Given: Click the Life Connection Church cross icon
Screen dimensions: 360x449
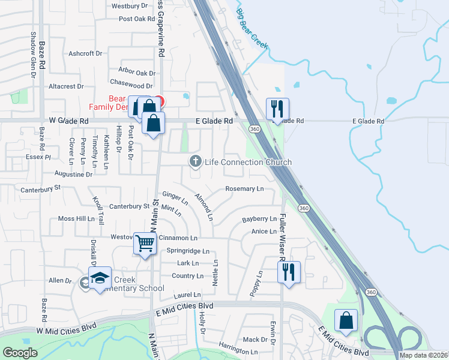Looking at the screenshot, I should click(x=195, y=161).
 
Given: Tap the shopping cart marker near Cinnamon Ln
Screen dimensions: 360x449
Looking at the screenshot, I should click(x=145, y=244).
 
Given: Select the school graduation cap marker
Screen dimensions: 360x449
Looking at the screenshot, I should click(x=100, y=278).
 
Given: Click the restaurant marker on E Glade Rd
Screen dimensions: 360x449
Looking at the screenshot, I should click(x=277, y=109).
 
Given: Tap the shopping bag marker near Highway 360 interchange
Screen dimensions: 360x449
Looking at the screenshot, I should click(x=346, y=320).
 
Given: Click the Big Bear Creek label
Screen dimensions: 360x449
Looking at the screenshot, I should click(x=251, y=28).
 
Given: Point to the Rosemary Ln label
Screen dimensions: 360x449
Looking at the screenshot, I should click(x=244, y=189).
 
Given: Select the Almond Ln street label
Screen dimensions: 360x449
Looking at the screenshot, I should click(x=204, y=206).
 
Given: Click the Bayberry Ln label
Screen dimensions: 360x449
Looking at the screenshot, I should click(x=259, y=220).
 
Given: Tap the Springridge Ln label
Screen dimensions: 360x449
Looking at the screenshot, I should click(x=188, y=251).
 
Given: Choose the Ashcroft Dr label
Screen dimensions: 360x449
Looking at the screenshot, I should click(x=85, y=53).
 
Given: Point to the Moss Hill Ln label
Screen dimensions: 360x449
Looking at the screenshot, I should click(x=77, y=219).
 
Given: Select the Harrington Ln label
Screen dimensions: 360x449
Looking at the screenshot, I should click(x=238, y=352).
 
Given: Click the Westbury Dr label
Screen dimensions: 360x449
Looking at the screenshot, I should click(x=130, y=6).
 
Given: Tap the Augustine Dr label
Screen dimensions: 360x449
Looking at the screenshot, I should click(x=73, y=175).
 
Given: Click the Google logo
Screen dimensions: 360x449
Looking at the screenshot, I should click(x=20, y=353).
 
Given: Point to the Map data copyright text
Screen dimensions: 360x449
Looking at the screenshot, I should click(x=423, y=355).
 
